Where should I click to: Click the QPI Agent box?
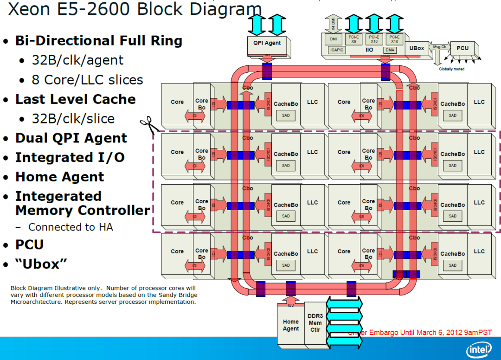pos(267,43)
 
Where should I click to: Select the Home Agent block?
pos(291,325)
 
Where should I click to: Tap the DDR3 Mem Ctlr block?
pos(315,323)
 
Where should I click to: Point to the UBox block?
pos(417,48)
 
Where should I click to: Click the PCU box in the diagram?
pos(462,48)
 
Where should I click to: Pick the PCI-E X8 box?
pos(353,39)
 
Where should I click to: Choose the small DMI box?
pos(333,39)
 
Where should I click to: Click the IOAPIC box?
pos(337,50)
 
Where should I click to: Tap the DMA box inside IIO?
pos(390,50)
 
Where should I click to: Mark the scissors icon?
pos(149,124)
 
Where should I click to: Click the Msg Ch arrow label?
pos(439,47)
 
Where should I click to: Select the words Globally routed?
pos(451,69)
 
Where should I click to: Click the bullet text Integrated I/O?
pos(70,158)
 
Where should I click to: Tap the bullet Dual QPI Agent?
pos(71,138)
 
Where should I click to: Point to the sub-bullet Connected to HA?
pos(71,227)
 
